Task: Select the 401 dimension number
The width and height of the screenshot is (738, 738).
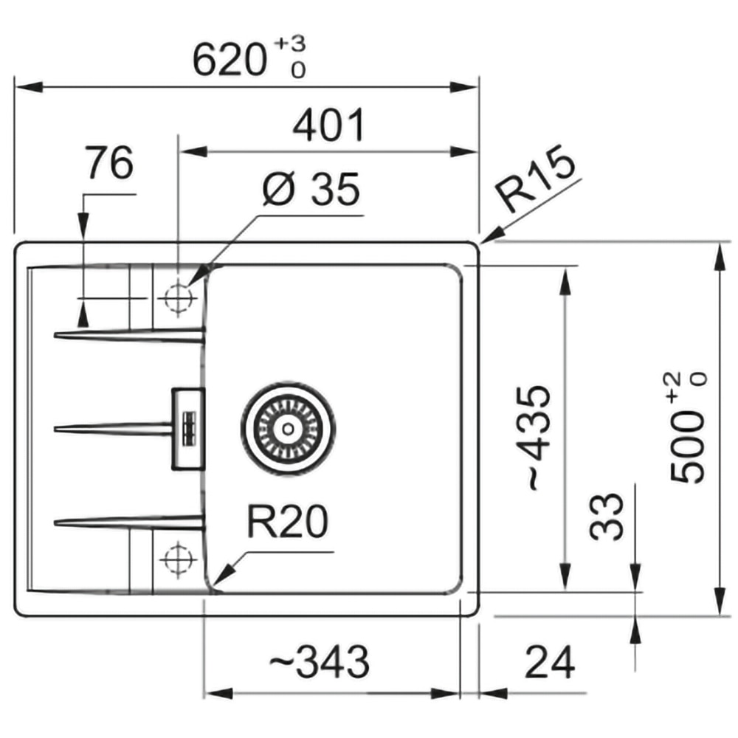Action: pos(328,125)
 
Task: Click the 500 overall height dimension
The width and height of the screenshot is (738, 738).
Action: pos(688,427)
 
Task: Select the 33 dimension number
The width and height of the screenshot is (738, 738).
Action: pos(606,517)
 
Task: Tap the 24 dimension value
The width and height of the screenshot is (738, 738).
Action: pos(550,662)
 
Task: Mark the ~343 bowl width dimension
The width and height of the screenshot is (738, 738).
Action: pos(319,662)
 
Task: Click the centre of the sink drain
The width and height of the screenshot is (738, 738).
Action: pos(288,428)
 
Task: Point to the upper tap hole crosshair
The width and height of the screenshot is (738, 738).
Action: pos(178,298)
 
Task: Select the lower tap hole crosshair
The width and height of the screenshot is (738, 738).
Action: pos(178,559)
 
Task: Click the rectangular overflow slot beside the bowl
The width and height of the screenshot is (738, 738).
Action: pos(188,429)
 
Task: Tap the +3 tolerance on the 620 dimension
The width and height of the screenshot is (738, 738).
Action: pos(290,44)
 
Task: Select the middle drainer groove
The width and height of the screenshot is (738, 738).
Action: pos(113,429)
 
